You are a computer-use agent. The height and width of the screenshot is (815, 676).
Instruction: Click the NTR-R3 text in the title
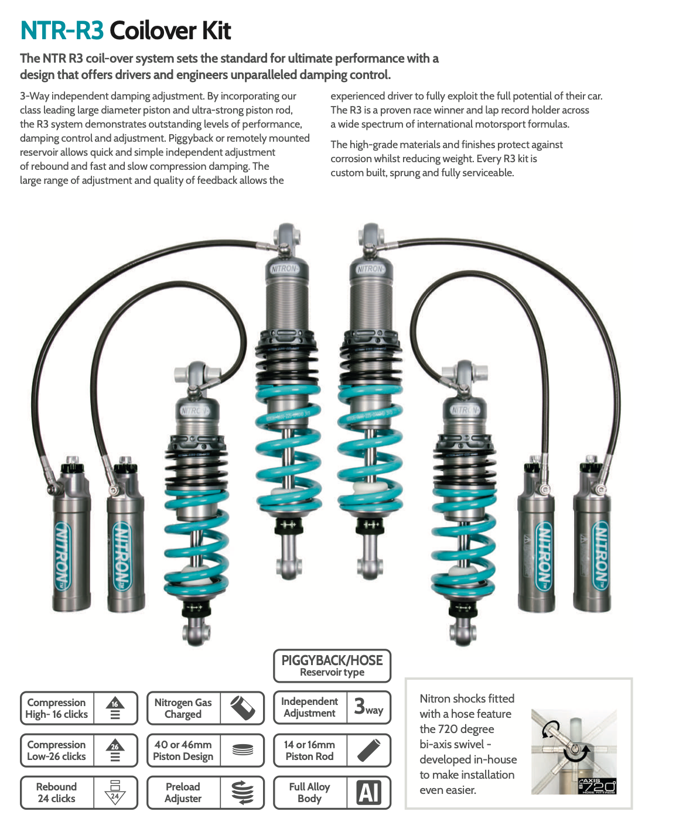[x=62, y=30]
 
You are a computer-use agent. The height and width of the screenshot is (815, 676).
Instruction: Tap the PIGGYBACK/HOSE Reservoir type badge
[x=332, y=666]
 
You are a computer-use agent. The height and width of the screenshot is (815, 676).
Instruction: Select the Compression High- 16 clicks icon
[x=115, y=708]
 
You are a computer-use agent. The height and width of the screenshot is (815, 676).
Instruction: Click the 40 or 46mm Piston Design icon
[x=242, y=750]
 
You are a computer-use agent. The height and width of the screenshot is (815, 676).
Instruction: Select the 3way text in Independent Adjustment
[x=368, y=707]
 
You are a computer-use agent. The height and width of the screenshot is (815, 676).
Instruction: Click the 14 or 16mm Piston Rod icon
[x=368, y=750]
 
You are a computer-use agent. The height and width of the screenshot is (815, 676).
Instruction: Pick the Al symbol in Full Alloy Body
[x=368, y=793]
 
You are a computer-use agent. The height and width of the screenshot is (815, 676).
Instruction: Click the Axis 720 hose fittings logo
[x=597, y=786]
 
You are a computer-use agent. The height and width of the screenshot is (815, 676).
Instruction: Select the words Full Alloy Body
[x=309, y=793]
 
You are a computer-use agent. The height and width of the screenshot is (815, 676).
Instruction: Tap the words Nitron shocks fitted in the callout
[x=467, y=698]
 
